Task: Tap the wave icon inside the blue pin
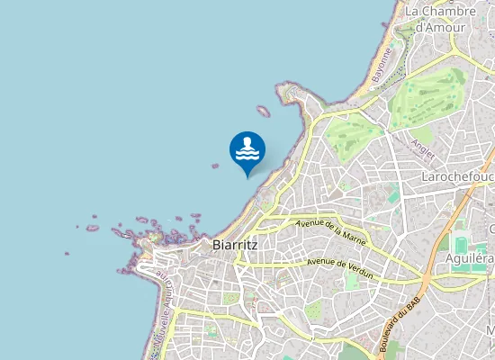(x=247, y=149)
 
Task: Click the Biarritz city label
(x=236, y=244)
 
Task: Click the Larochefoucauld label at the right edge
(x=458, y=177)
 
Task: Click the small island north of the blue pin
(x=263, y=112)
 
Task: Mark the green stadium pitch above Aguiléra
(x=462, y=245)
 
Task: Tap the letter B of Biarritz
(x=216, y=244)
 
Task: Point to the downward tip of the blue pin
(x=247, y=175)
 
